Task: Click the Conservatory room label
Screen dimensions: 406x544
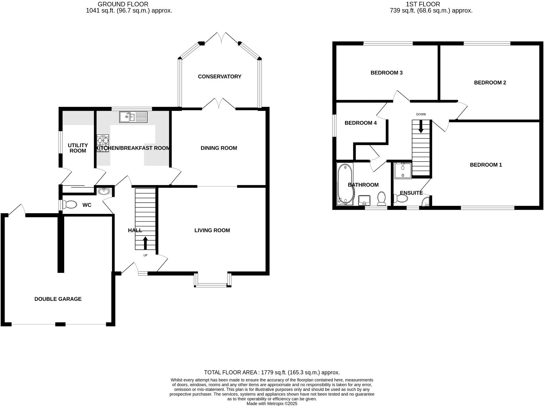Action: [x=219, y=77]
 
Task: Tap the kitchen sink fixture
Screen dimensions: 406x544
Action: [x=133, y=117]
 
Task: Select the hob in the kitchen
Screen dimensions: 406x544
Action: [x=103, y=143]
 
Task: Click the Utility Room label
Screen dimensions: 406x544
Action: [x=78, y=148]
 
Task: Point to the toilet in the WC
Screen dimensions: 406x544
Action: [x=70, y=205]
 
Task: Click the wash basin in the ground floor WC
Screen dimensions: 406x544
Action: [x=104, y=191]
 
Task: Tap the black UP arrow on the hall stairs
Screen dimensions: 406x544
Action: [x=145, y=243]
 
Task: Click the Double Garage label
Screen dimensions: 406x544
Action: [x=58, y=299]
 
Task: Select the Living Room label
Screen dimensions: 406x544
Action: [x=212, y=230]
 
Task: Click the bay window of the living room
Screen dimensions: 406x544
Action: [x=212, y=285]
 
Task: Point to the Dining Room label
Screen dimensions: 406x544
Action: [x=219, y=148]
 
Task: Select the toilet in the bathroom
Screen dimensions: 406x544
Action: [x=382, y=198]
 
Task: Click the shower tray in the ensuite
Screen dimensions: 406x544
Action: [x=403, y=171]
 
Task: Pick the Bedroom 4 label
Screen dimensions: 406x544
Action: [x=360, y=123]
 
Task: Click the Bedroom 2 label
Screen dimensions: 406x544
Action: [x=490, y=83]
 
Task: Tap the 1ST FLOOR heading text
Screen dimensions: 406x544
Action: [x=422, y=4]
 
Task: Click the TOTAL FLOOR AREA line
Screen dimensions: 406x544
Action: [x=272, y=373]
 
